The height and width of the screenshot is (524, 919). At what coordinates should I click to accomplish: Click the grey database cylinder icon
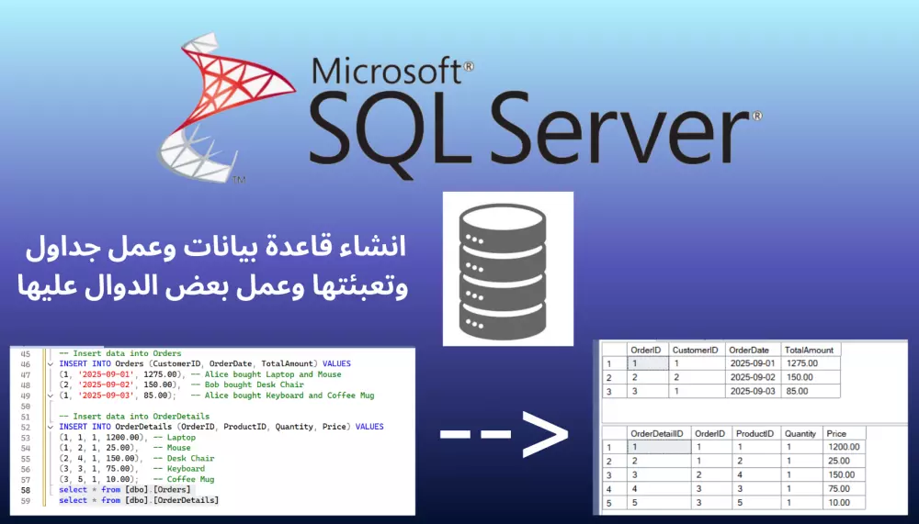(x=507, y=269)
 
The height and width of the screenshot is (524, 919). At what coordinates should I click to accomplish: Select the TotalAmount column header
(x=809, y=350)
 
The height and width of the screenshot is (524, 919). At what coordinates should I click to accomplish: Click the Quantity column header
(x=800, y=433)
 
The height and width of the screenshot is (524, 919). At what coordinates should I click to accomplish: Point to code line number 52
(x=25, y=427)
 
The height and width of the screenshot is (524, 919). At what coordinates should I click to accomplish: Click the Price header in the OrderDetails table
(x=836, y=433)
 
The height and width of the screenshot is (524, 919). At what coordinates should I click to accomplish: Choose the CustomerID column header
(x=696, y=350)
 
